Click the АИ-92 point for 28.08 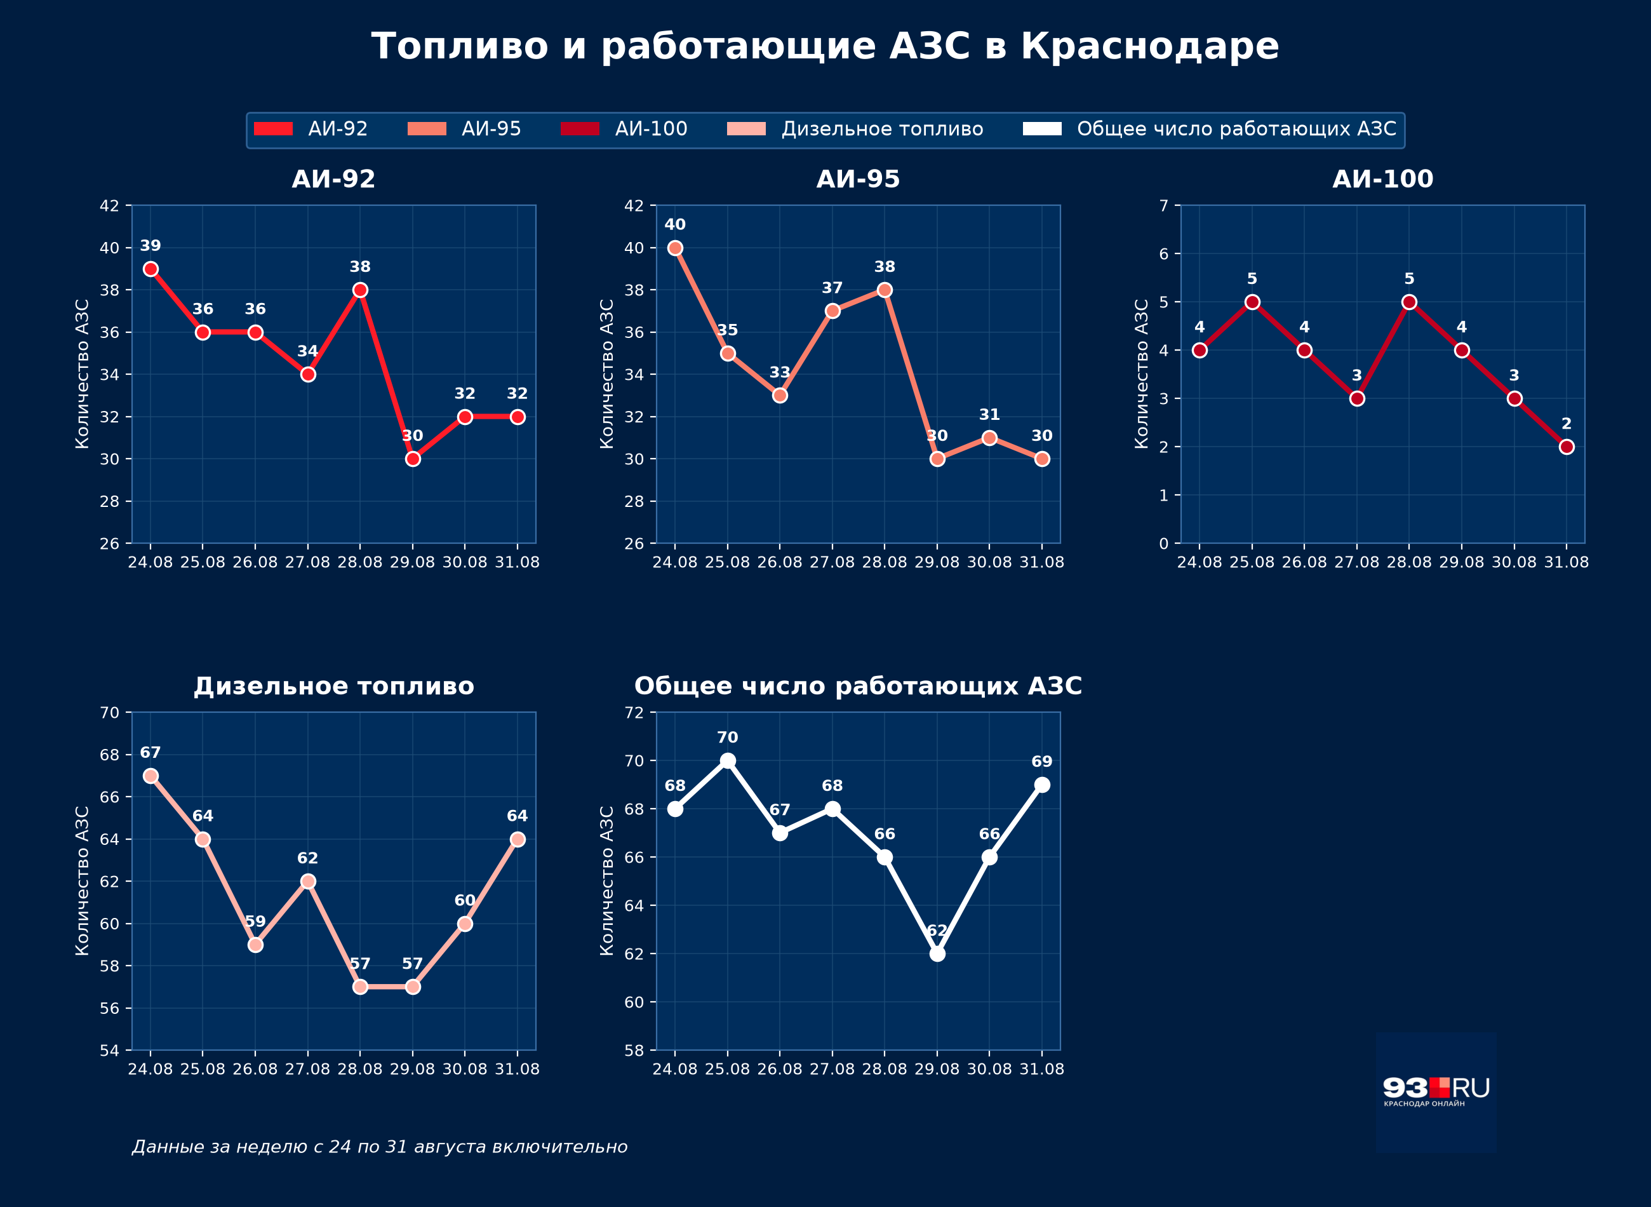coord(360,290)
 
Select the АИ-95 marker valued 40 coord(676,248)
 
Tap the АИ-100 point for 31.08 coord(1567,447)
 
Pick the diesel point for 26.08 coord(255,945)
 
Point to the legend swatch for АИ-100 coord(580,130)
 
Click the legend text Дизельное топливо coord(882,130)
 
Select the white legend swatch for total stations coord(1042,130)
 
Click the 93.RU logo coord(1436,1092)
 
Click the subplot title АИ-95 coord(858,179)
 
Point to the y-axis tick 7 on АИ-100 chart coord(1164,205)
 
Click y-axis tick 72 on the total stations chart coord(634,712)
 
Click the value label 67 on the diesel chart coord(150,753)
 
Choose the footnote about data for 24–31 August coord(380,1147)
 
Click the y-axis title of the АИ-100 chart coord(1141,374)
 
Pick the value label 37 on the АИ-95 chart coord(832,288)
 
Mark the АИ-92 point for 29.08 coord(413,459)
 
